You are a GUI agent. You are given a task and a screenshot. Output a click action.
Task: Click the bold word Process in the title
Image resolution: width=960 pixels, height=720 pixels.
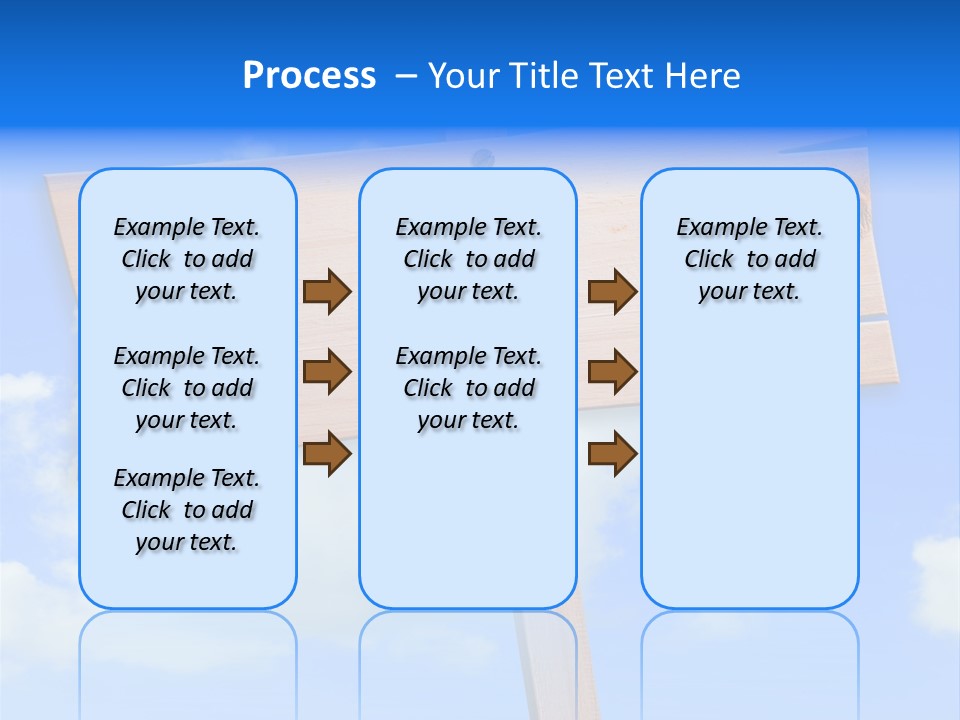[x=309, y=76]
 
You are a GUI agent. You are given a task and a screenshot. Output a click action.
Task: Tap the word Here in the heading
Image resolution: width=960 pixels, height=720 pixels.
[x=703, y=76]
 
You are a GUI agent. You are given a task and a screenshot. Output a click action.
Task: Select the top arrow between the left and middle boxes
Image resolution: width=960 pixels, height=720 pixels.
[x=327, y=292]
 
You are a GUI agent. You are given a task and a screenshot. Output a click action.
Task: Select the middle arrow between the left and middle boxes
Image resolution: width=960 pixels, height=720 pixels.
[x=327, y=372]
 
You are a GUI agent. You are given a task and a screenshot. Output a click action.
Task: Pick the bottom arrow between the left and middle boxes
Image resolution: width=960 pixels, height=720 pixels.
[x=327, y=453]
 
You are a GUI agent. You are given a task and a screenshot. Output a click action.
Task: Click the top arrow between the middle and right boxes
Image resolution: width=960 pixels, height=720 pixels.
[x=612, y=292]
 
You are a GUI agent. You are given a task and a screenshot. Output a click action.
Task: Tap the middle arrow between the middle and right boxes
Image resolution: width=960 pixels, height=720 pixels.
[x=612, y=372]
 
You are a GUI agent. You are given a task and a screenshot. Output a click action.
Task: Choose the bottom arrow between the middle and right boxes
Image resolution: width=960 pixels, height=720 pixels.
[x=612, y=453]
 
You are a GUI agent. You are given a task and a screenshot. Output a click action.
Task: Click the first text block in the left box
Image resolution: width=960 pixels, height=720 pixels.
[x=187, y=259]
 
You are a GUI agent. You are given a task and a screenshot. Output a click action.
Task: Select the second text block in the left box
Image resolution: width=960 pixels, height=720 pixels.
[x=187, y=388]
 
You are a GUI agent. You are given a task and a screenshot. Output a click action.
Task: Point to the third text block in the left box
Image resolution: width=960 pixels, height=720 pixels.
[x=187, y=510]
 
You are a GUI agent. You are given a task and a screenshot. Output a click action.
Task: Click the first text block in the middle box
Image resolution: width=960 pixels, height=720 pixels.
[x=468, y=259]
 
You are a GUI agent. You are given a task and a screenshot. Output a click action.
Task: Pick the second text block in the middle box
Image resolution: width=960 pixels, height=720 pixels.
[x=468, y=388]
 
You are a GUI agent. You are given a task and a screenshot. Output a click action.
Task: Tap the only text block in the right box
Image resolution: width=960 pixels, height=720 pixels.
[x=749, y=259]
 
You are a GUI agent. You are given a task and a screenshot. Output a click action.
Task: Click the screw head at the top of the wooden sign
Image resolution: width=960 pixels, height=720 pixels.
[x=482, y=158]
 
